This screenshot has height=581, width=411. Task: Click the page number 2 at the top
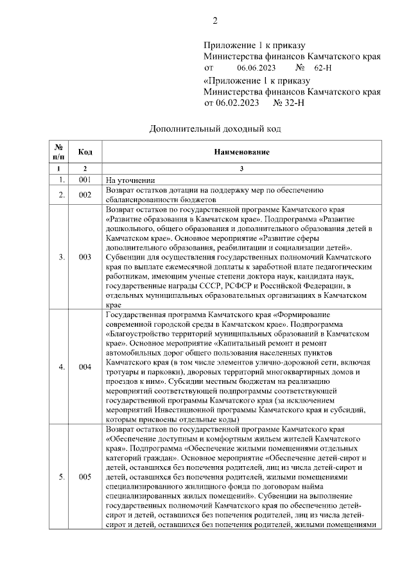coord(215,21)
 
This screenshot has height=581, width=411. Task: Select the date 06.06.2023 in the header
coord(256,67)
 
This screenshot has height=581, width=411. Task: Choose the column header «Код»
coord(85,152)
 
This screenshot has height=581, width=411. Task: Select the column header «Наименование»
coord(241,152)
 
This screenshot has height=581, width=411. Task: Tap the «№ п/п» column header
coord(58,152)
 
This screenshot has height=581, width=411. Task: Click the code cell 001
coord(85,180)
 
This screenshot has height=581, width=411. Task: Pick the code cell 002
coord(85,195)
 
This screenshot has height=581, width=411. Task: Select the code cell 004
coord(85,367)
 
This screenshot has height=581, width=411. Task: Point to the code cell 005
coord(85,477)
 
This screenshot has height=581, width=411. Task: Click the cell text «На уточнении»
coord(131,180)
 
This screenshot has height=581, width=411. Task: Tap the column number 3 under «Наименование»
coord(241,168)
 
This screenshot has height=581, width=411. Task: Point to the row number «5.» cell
coord(60,477)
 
